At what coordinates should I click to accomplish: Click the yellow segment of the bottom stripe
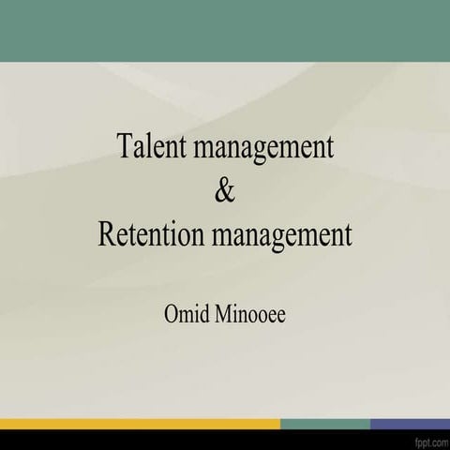(141, 424)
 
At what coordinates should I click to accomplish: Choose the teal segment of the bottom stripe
(324, 424)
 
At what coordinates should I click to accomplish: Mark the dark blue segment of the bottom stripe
(410, 424)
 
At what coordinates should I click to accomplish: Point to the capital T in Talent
(124, 146)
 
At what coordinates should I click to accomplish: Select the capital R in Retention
(107, 233)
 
